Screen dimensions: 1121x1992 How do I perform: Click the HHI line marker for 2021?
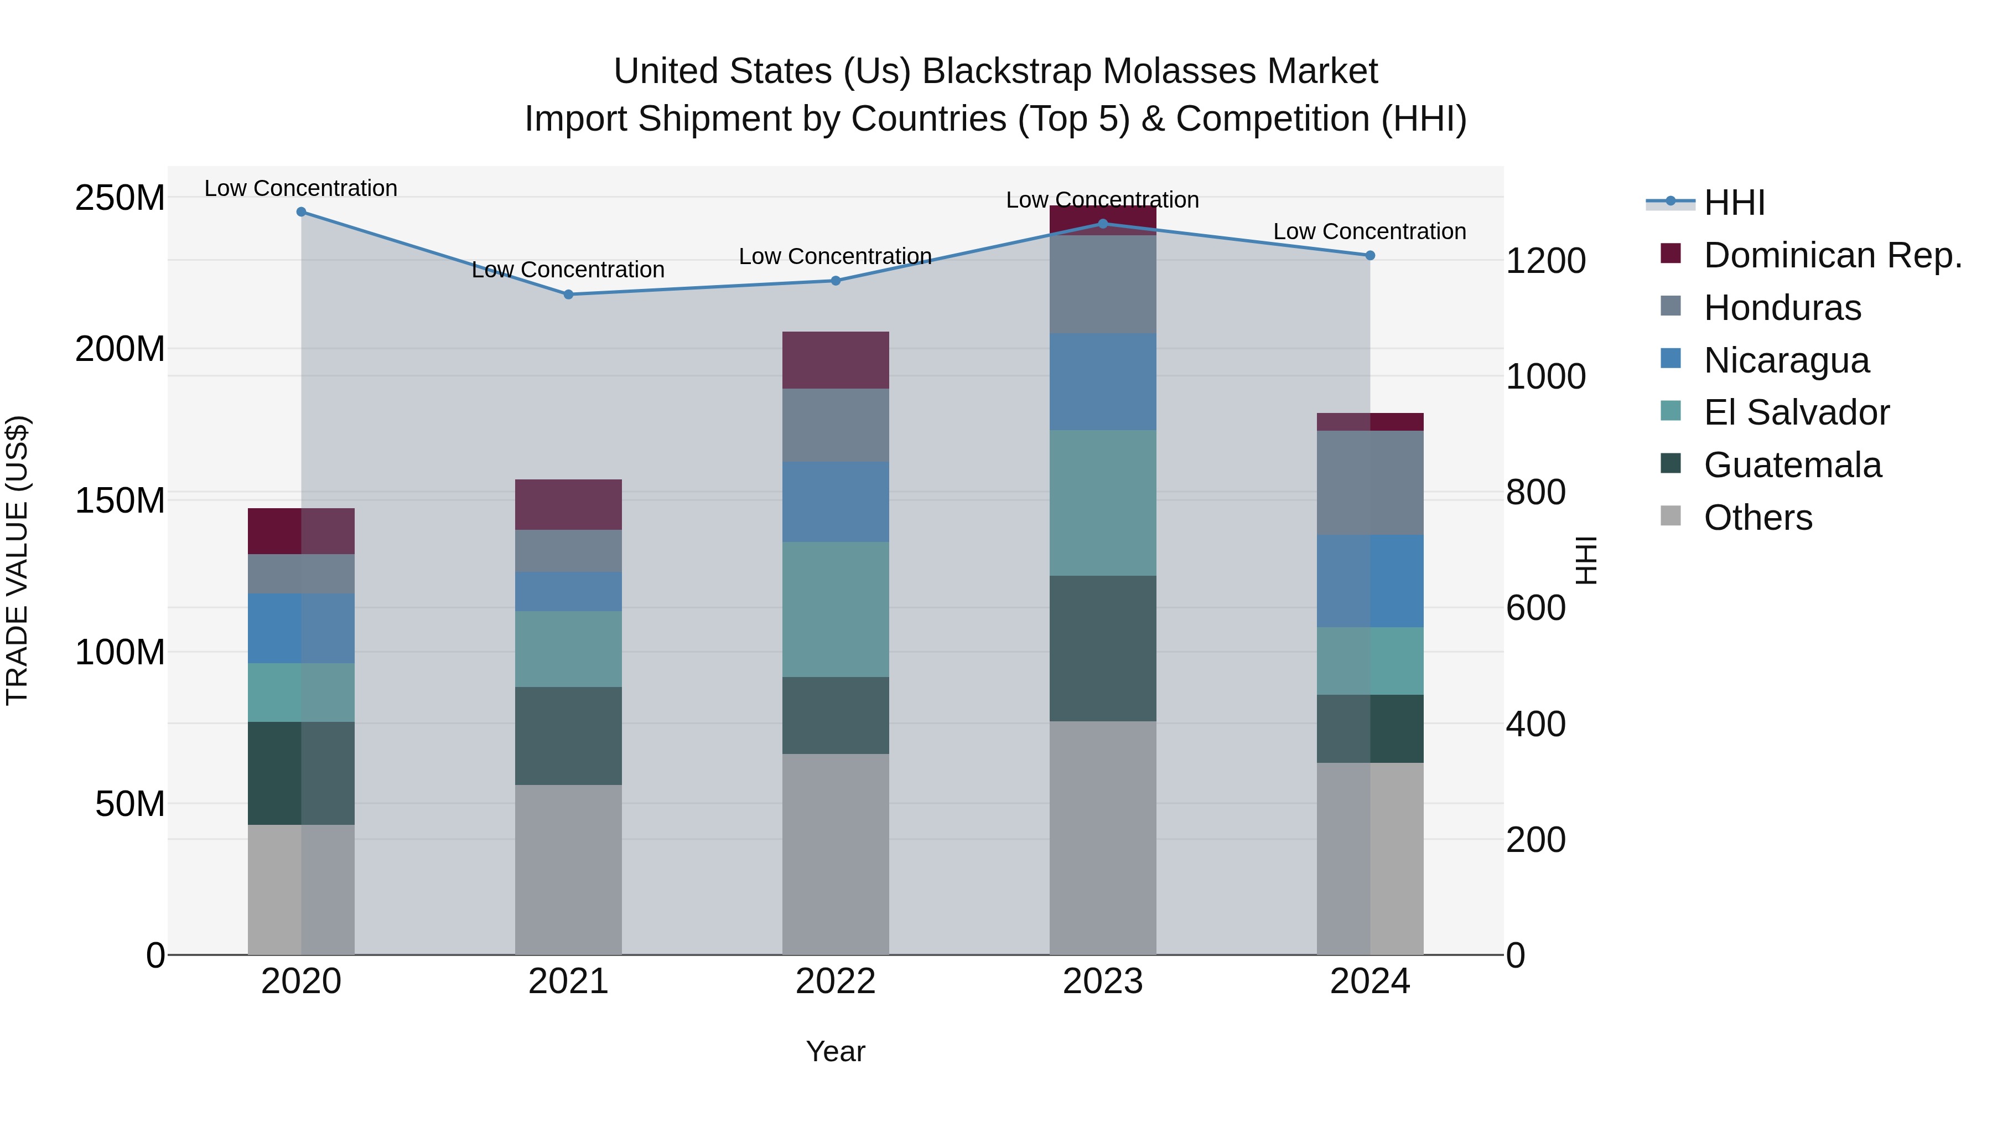[568, 295]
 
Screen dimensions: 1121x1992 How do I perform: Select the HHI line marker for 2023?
[1103, 224]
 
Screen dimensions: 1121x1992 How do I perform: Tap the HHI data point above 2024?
[1369, 255]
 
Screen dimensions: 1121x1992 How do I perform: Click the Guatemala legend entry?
[1792, 466]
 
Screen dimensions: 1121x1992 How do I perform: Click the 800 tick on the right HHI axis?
[1535, 493]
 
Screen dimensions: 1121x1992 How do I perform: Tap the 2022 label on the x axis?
[835, 981]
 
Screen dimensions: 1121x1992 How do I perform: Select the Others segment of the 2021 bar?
[568, 870]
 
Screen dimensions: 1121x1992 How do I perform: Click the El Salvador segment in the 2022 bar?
[835, 609]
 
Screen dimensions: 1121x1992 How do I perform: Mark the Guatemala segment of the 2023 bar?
[1103, 648]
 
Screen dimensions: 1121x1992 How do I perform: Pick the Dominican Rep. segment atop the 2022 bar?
[835, 360]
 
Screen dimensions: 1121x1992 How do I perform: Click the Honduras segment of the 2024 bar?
[1369, 483]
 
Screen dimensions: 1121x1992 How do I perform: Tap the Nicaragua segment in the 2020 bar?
[301, 628]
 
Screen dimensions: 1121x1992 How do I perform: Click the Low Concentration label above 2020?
[301, 189]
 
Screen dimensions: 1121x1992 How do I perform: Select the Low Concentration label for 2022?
[835, 257]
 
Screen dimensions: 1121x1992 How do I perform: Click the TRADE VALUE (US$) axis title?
[17, 560]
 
